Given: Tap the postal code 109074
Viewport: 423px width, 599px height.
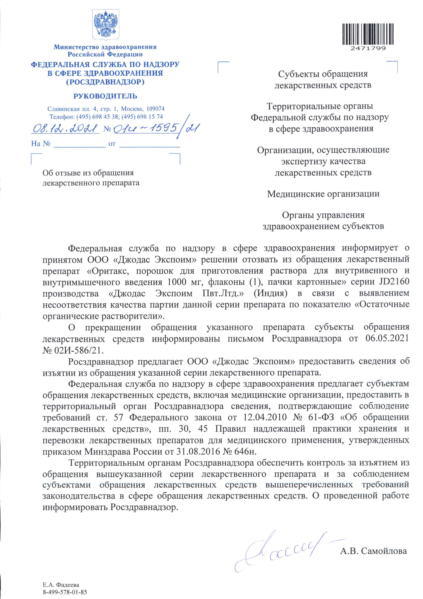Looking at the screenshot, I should tap(156, 109).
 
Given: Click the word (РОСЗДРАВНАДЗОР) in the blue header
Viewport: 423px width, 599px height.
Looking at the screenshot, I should tap(105, 82).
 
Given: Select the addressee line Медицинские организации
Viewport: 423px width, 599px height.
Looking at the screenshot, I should tap(323, 194).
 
